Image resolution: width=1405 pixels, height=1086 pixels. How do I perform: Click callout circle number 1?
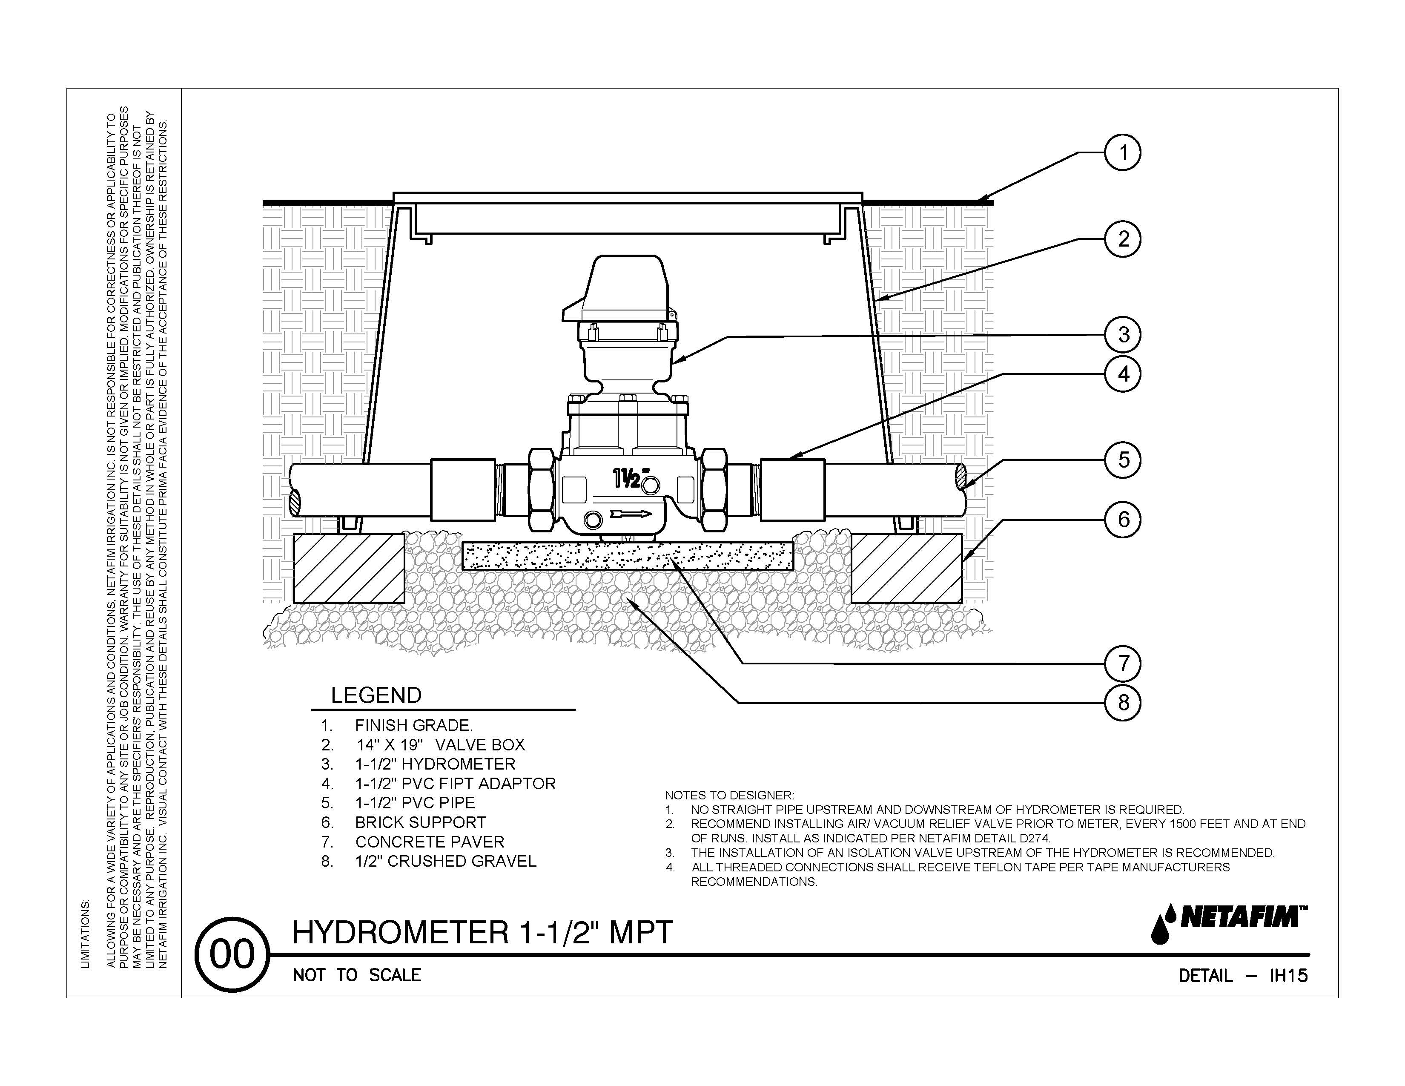coord(1123,153)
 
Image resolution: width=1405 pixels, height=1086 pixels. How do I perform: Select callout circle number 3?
coord(1123,335)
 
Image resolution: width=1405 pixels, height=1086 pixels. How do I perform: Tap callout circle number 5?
coord(1123,460)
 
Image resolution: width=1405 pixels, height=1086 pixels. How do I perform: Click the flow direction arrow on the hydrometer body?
coord(631,514)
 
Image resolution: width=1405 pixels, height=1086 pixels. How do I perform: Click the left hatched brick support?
coord(349,567)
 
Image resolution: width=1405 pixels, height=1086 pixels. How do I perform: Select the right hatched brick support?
coord(906,567)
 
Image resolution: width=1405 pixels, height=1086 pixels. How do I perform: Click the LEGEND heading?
coord(376,695)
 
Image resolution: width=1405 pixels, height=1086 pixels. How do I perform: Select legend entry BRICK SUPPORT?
coord(421,822)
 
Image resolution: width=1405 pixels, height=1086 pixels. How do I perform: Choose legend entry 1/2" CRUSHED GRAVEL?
coord(445,861)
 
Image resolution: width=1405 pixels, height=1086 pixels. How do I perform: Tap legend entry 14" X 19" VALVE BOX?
coord(441,745)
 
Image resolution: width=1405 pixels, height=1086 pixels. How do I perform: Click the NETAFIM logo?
coord(1229,923)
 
